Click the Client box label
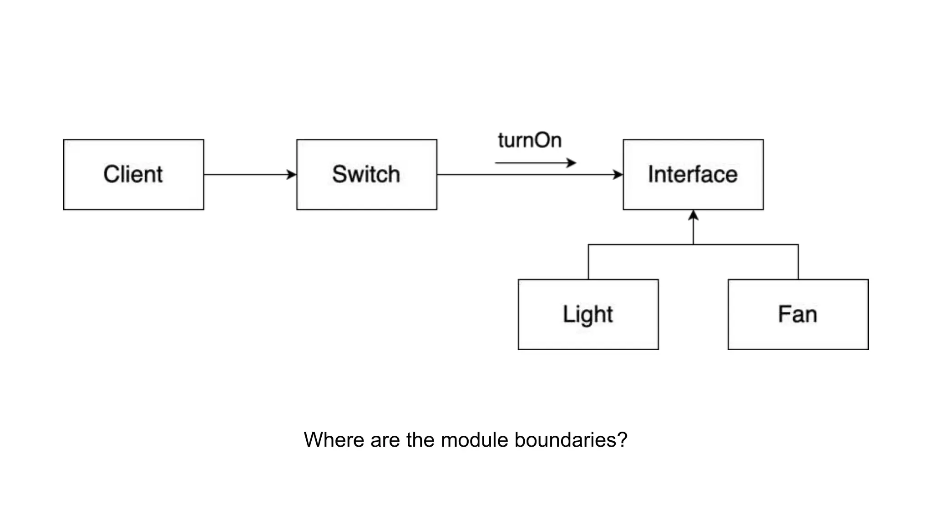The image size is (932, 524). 133,174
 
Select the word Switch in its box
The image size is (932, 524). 366,174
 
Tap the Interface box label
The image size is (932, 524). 693,174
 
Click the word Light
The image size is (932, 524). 588,314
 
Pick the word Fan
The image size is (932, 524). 797,314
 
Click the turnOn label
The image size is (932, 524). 530,140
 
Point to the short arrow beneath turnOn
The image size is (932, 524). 535,162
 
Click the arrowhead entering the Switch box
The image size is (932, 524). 292,174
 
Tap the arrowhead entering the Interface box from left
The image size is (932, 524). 618,174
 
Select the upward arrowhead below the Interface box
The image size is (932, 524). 693,215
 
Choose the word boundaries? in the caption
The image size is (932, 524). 571,440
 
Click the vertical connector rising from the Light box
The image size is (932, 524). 588,262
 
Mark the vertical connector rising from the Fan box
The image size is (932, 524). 798,262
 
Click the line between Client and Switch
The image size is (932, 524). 246,174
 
